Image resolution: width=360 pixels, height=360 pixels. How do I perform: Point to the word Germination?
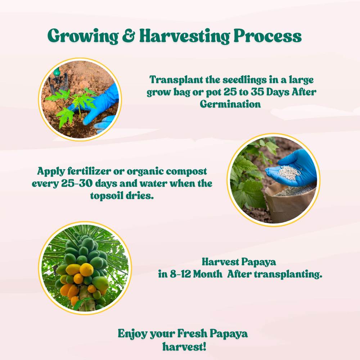[230, 104]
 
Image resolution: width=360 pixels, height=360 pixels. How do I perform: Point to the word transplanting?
[288, 274]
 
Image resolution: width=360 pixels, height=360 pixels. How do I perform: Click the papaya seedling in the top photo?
[72, 103]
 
